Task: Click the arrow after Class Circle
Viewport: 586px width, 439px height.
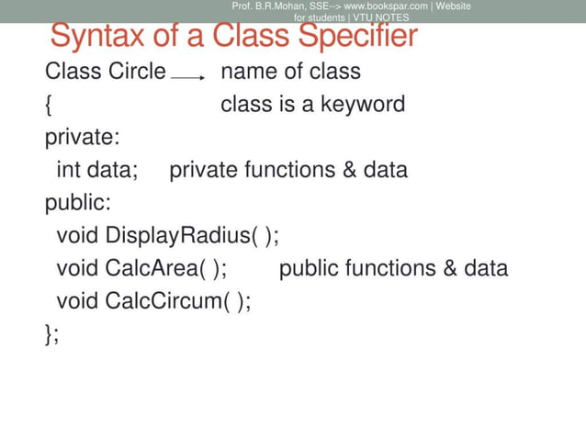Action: tap(188, 79)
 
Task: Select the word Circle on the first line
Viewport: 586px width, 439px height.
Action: tap(135, 72)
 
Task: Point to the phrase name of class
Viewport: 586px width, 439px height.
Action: tap(290, 72)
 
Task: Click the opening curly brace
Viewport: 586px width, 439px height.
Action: tap(48, 105)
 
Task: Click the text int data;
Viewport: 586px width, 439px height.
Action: tap(96, 170)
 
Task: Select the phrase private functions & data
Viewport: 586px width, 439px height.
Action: tap(288, 170)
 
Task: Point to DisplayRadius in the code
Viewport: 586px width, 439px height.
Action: tap(176, 236)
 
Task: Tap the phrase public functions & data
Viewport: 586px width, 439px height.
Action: tap(392, 268)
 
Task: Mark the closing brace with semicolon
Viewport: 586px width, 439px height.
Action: tap(51, 333)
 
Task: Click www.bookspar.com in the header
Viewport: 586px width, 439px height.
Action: tap(386, 6)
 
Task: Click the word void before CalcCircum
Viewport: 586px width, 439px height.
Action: tap(77, 301)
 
